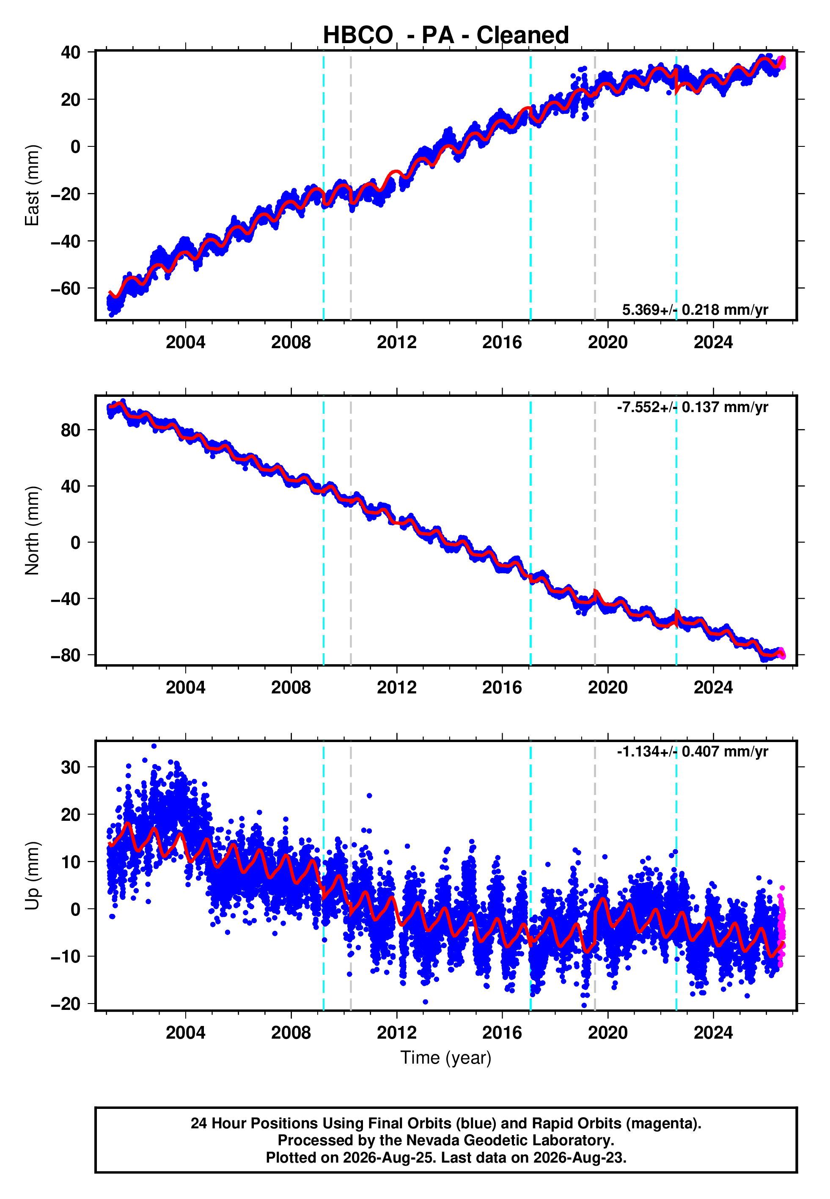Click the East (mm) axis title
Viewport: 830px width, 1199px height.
(32, 185)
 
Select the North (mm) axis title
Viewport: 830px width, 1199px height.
(32, 531)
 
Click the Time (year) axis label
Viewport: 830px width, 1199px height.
(446, 1058)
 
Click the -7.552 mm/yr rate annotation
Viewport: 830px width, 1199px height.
(692, 407)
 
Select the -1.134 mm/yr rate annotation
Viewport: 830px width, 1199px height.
(692, 752)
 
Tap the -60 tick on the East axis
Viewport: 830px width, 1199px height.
(66, 289)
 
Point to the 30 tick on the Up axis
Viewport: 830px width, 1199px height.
(71, 767)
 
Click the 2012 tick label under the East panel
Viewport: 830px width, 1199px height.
(397, 342)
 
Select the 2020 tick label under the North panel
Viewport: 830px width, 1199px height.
(608, 687)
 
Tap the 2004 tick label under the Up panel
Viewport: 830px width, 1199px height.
(186, 1033)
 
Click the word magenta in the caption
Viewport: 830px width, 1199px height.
(661, 1124)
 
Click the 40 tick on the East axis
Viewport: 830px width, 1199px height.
(71, 52)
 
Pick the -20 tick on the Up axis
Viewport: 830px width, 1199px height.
(66, 1004)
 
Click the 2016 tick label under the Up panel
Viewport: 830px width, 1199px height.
(503, 1033)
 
